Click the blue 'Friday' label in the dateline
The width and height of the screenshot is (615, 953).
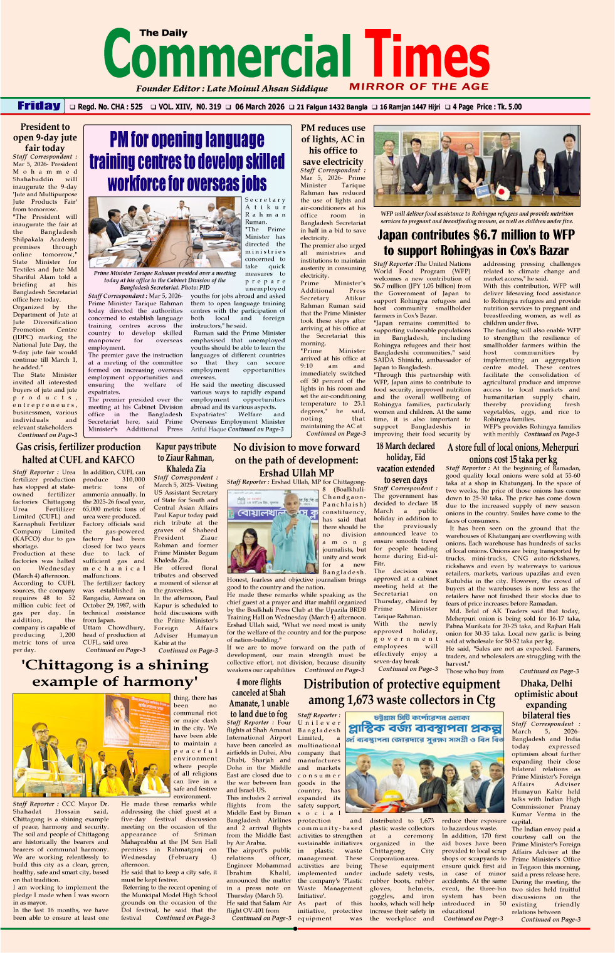tap(39, 106)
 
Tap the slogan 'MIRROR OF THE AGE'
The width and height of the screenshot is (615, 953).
tap(419, 87)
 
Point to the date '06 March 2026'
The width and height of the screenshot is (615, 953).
tap(260, 107)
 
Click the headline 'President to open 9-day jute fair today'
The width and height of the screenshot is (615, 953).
tap(45, 137)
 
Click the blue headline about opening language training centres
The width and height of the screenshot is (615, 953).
tap(187, 161)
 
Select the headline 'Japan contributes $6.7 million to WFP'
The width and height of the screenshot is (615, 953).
tap(476, 243)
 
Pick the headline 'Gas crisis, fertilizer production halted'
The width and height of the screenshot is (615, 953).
tap(78, 453)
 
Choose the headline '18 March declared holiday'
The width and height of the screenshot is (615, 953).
tap(406, 463)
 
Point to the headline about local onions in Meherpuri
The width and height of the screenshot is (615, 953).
tap(513, 453)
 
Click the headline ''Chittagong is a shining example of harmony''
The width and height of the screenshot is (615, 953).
tap(115, 673)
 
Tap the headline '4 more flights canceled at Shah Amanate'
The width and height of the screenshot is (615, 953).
tap(260, 698)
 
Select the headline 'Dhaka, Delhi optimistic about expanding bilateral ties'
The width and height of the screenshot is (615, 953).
tap(546, 699)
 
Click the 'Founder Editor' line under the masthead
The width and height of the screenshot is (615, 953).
tap(232, 88)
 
